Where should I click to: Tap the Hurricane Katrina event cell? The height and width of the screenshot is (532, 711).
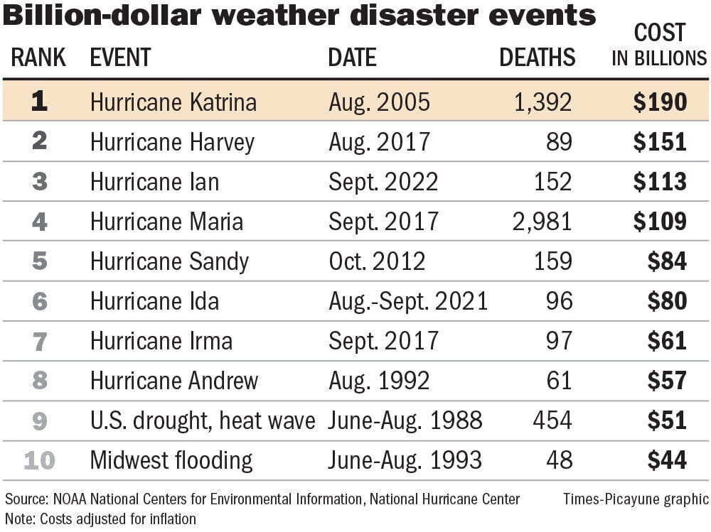coord(173,103)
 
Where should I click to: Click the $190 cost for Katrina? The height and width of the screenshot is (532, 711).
coord(661,103)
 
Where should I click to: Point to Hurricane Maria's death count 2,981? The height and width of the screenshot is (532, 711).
coord(542,222)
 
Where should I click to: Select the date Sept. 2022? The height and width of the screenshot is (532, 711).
coord(383,183)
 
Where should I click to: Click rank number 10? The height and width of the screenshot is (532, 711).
coord(39,461)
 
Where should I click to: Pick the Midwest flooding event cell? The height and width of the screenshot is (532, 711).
coord(171,461)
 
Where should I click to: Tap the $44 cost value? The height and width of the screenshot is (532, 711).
coord(667,461)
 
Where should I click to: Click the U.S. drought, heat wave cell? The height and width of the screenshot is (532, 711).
coord(202,421)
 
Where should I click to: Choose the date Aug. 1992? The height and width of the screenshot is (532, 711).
coord(379,381)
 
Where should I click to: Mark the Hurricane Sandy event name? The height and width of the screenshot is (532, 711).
coord(169,262)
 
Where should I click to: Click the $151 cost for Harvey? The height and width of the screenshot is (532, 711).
coord(661,143)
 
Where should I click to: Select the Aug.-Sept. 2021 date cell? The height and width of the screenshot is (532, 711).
coord(408,302)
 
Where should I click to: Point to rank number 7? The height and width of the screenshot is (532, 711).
coord(39,342)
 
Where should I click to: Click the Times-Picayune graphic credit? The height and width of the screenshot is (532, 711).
coord(635,499)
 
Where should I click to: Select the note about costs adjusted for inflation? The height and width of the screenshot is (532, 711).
coord(100,519)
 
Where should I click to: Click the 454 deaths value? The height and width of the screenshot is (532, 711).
coord(552,421)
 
